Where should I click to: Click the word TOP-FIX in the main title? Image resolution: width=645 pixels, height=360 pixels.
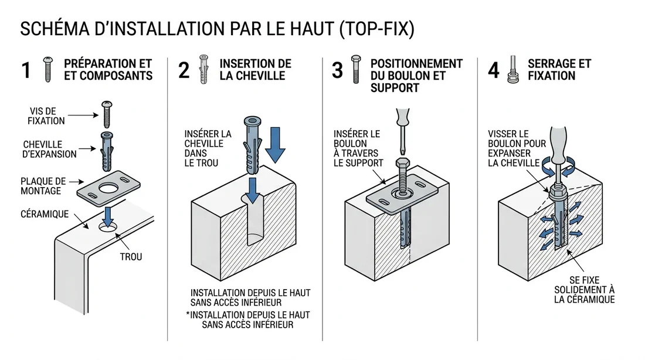[375, 29]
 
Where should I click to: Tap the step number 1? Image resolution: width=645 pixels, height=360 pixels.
[26, 70]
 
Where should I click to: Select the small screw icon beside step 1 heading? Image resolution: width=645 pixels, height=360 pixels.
[48, 69]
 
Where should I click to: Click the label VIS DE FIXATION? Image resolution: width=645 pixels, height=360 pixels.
[47, 116]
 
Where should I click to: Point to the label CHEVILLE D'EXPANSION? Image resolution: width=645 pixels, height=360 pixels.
[50, 150]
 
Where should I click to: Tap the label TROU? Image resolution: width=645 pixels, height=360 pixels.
[131, 257]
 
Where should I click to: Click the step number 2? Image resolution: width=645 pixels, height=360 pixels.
[184, 70]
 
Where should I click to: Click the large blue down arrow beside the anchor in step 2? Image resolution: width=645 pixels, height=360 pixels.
[274, 142]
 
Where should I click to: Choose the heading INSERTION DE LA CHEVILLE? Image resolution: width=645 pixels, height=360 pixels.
[255, 69]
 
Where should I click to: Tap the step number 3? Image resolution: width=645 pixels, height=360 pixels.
[337, 70]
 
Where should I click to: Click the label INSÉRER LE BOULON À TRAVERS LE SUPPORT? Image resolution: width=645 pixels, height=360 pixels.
[358, 148]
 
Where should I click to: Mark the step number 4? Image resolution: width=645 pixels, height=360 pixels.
[494, 70]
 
